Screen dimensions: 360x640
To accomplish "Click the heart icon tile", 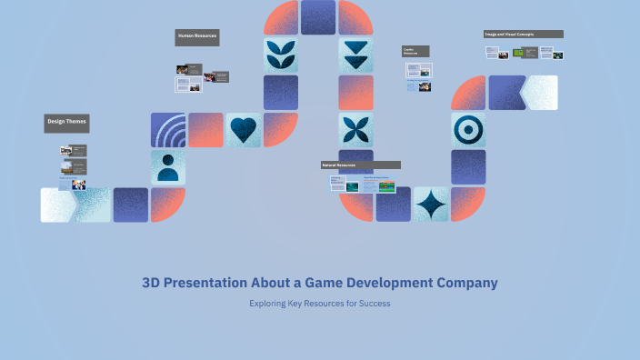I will pos(243,130).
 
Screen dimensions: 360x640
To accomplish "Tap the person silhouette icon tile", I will pos(168,167).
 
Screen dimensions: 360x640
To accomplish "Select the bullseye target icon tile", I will pos(468,130).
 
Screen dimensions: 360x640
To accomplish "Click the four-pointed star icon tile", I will pos(431,205).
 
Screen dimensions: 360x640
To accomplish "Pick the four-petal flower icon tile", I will pos(355,130).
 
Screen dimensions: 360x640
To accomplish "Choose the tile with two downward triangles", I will pos(355,55).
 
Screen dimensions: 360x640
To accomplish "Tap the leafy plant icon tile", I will pos(281,55).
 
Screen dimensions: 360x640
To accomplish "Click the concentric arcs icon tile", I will pos(168,130).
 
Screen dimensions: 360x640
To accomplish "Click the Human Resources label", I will pos(197,37).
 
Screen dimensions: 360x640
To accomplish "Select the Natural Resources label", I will pos(360,165).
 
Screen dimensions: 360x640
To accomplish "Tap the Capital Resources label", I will pos(415,52).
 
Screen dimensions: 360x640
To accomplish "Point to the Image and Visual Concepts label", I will pos(523,35).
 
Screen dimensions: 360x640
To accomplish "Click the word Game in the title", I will pos(311,283).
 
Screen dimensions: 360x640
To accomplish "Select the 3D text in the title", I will pos(152,283).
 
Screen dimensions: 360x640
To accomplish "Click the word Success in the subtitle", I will pos(374,304).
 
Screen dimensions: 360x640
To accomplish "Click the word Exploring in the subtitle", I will pos(269,304).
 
